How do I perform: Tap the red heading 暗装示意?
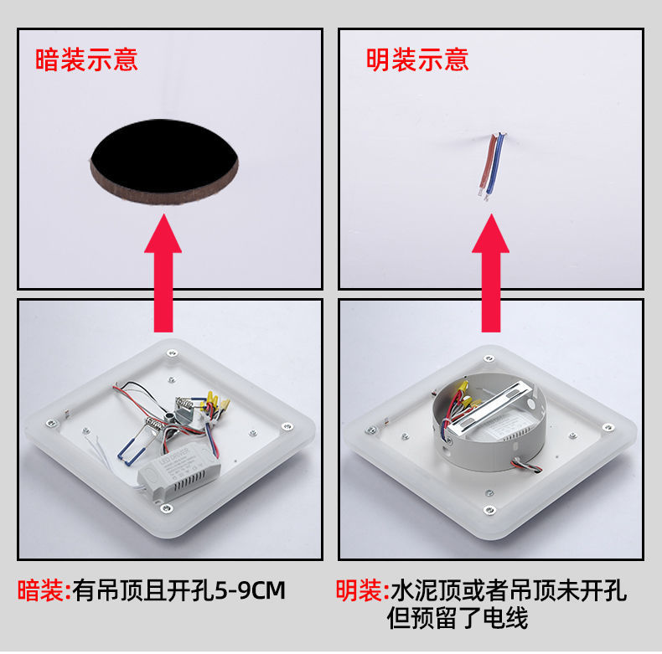pos(86,59)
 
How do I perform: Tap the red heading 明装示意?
pos(417,59)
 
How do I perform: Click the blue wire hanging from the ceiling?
pos(494,166)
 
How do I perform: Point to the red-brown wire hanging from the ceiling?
pos(487,165)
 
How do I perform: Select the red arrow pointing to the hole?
pos(163,273)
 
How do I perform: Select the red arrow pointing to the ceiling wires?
pos(490,273)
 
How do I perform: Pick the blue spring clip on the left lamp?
pos(132,451)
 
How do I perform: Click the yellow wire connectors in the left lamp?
pos(215,403)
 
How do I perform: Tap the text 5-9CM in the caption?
pos(251,590)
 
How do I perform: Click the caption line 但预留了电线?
pos(458,618)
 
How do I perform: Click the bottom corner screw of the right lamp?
pos(489,510)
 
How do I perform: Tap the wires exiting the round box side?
pos(526,465)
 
